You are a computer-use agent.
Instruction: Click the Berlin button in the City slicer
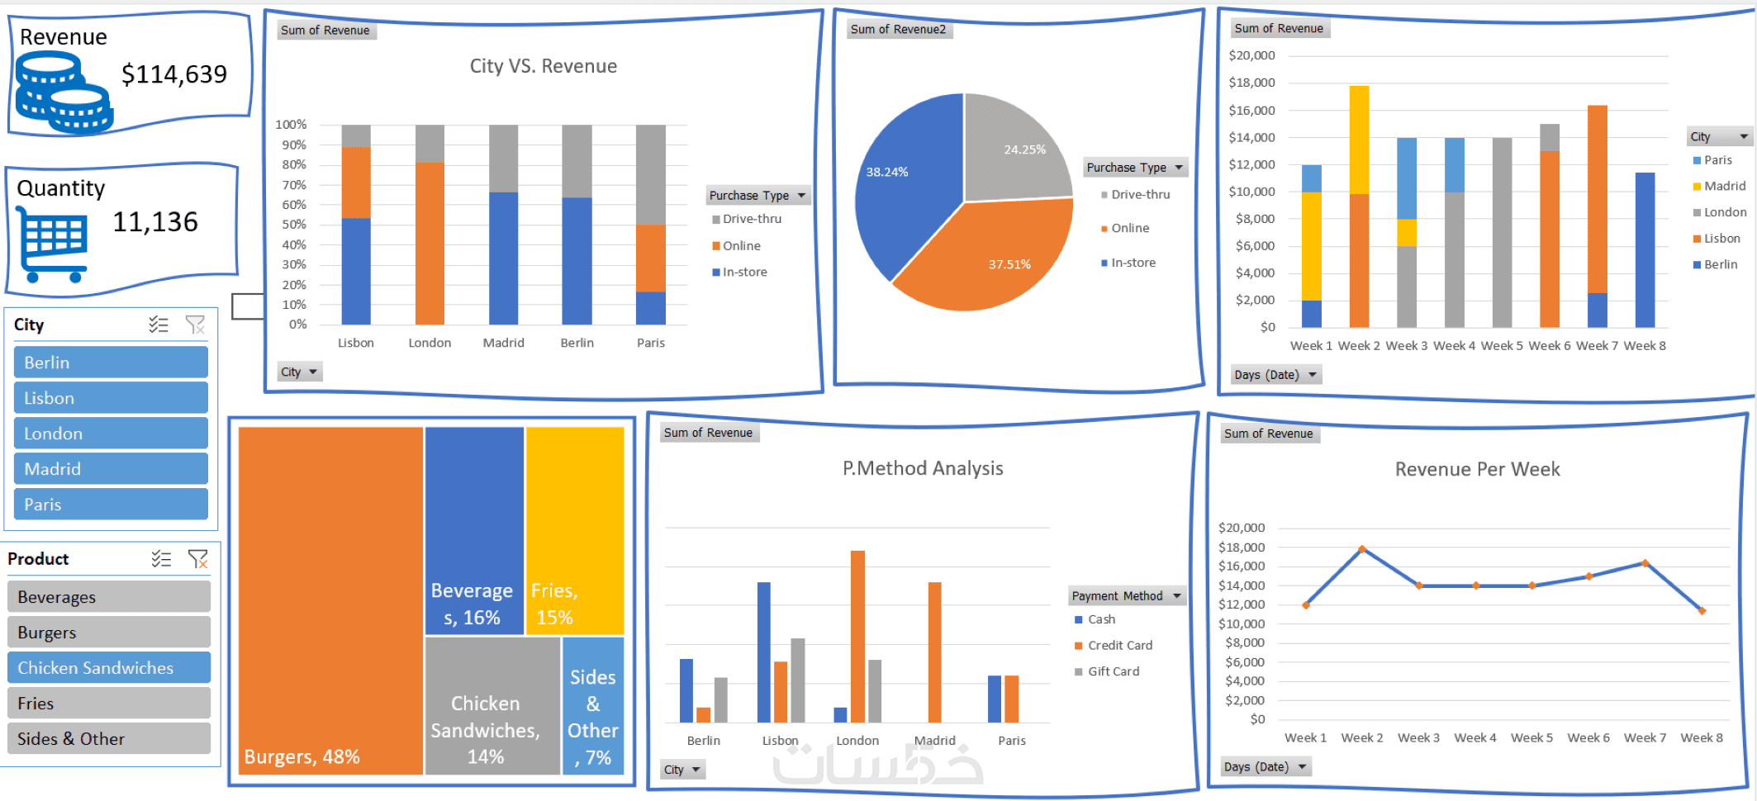tap(111, 363)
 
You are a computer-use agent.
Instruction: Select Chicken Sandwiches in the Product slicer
tap(109, 668)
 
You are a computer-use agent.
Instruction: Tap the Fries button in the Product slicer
tap(109, 704)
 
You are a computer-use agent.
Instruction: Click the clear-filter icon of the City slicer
tap(196, 325)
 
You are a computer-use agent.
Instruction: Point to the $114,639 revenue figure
tap(174, 74)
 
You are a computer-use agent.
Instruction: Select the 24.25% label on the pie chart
tap(1024, 149)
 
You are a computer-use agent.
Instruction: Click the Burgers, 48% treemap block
tap(330, 600)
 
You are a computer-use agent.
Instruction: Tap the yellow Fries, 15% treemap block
tap(575, 530)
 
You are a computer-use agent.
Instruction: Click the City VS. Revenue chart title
tap(544, 66)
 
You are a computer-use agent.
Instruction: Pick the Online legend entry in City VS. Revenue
tap(741, 246)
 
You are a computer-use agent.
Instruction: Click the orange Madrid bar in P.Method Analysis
tap(935, 652)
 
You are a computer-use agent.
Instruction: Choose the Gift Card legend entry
tap(1113, 671)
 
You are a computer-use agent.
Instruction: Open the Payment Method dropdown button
tap(1177, 595)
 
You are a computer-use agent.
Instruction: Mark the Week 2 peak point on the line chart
tap(1362, 549)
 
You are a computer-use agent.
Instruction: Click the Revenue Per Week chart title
tap(1477, 469)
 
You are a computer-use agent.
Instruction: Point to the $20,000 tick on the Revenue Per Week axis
tap(1242, 528)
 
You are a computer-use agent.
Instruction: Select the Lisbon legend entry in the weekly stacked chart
tap(1721, 239)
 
